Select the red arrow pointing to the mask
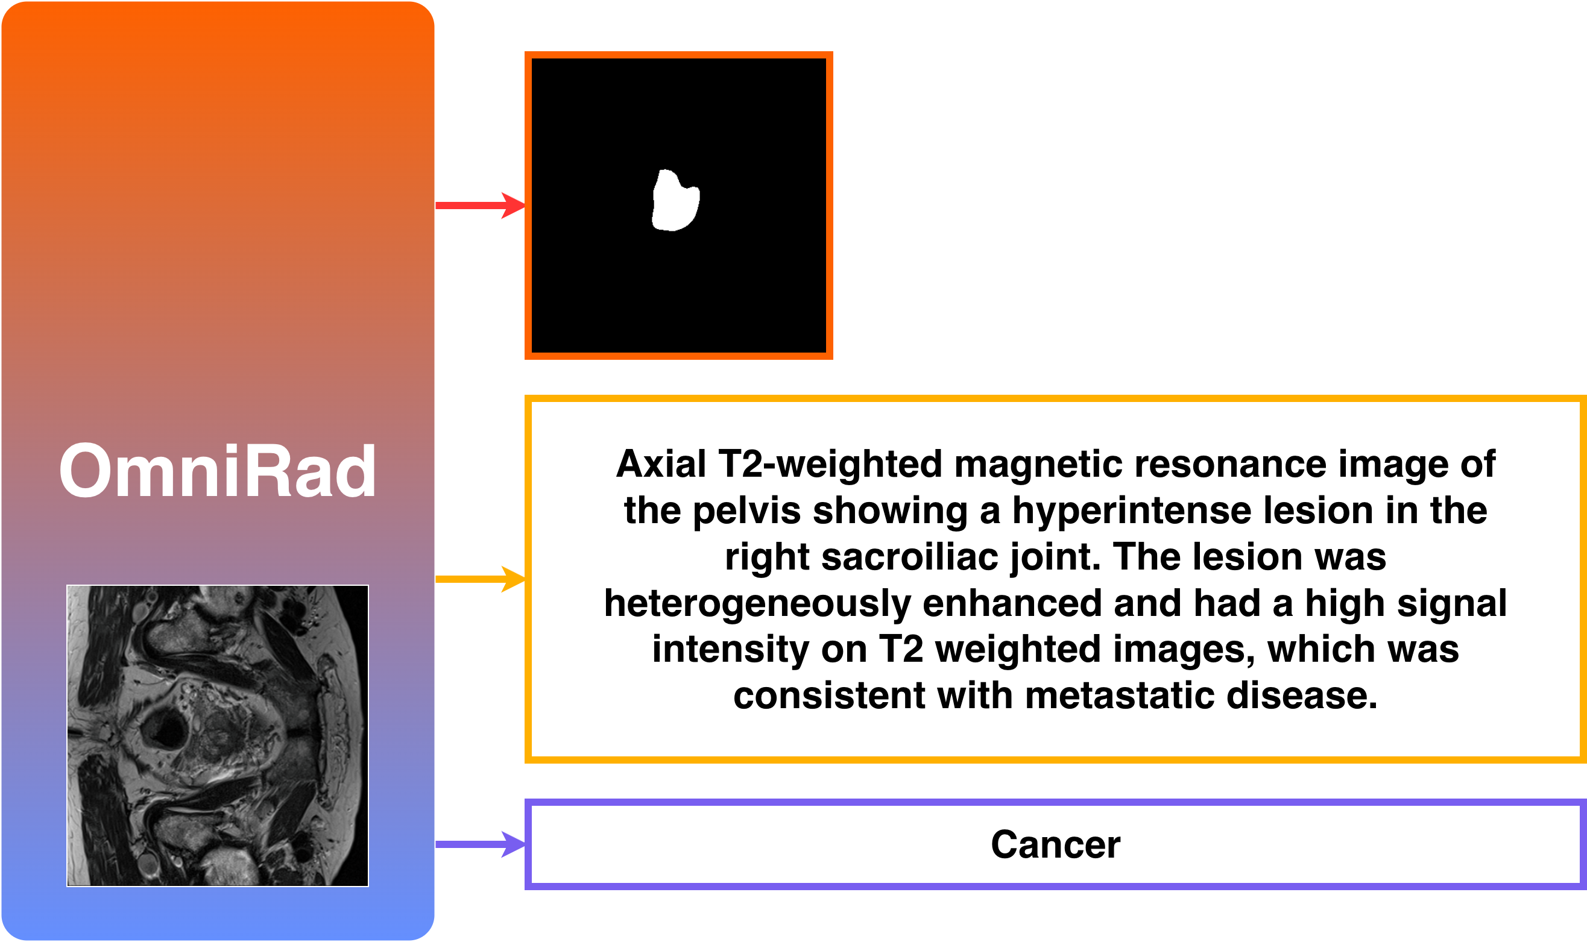point(481,206)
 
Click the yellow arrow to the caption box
point(481,579)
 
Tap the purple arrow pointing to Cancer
point(481,844)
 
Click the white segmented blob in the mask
point(676,201)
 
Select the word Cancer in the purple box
point(1055,845)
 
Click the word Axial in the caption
point(660,464)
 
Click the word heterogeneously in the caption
point(757,604)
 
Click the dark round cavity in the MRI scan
point(164,728)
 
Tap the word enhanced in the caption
point(1012,603)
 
